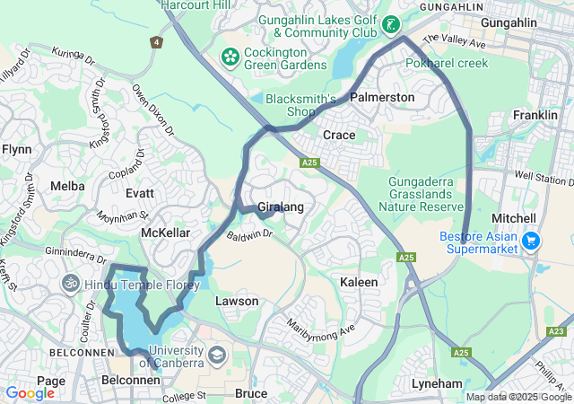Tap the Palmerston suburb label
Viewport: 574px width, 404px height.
click(382, 97)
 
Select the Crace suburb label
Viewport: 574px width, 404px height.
click(339, 135)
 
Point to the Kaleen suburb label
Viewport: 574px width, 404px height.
click(359, 282)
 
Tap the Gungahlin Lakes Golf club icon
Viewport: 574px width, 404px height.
click(391, 24)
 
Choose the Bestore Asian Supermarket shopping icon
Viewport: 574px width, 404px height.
click(531, 241)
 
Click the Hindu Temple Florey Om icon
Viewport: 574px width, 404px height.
click(71, 284)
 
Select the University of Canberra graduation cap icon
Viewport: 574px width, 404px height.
click(217, 356)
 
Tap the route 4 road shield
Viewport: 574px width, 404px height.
click(158, 41)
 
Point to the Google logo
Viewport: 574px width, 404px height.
click(30, 392)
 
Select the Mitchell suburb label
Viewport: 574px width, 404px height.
click(514, 218)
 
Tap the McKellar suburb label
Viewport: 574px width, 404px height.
click(166, 233)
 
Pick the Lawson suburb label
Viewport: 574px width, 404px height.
click(237, 301)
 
